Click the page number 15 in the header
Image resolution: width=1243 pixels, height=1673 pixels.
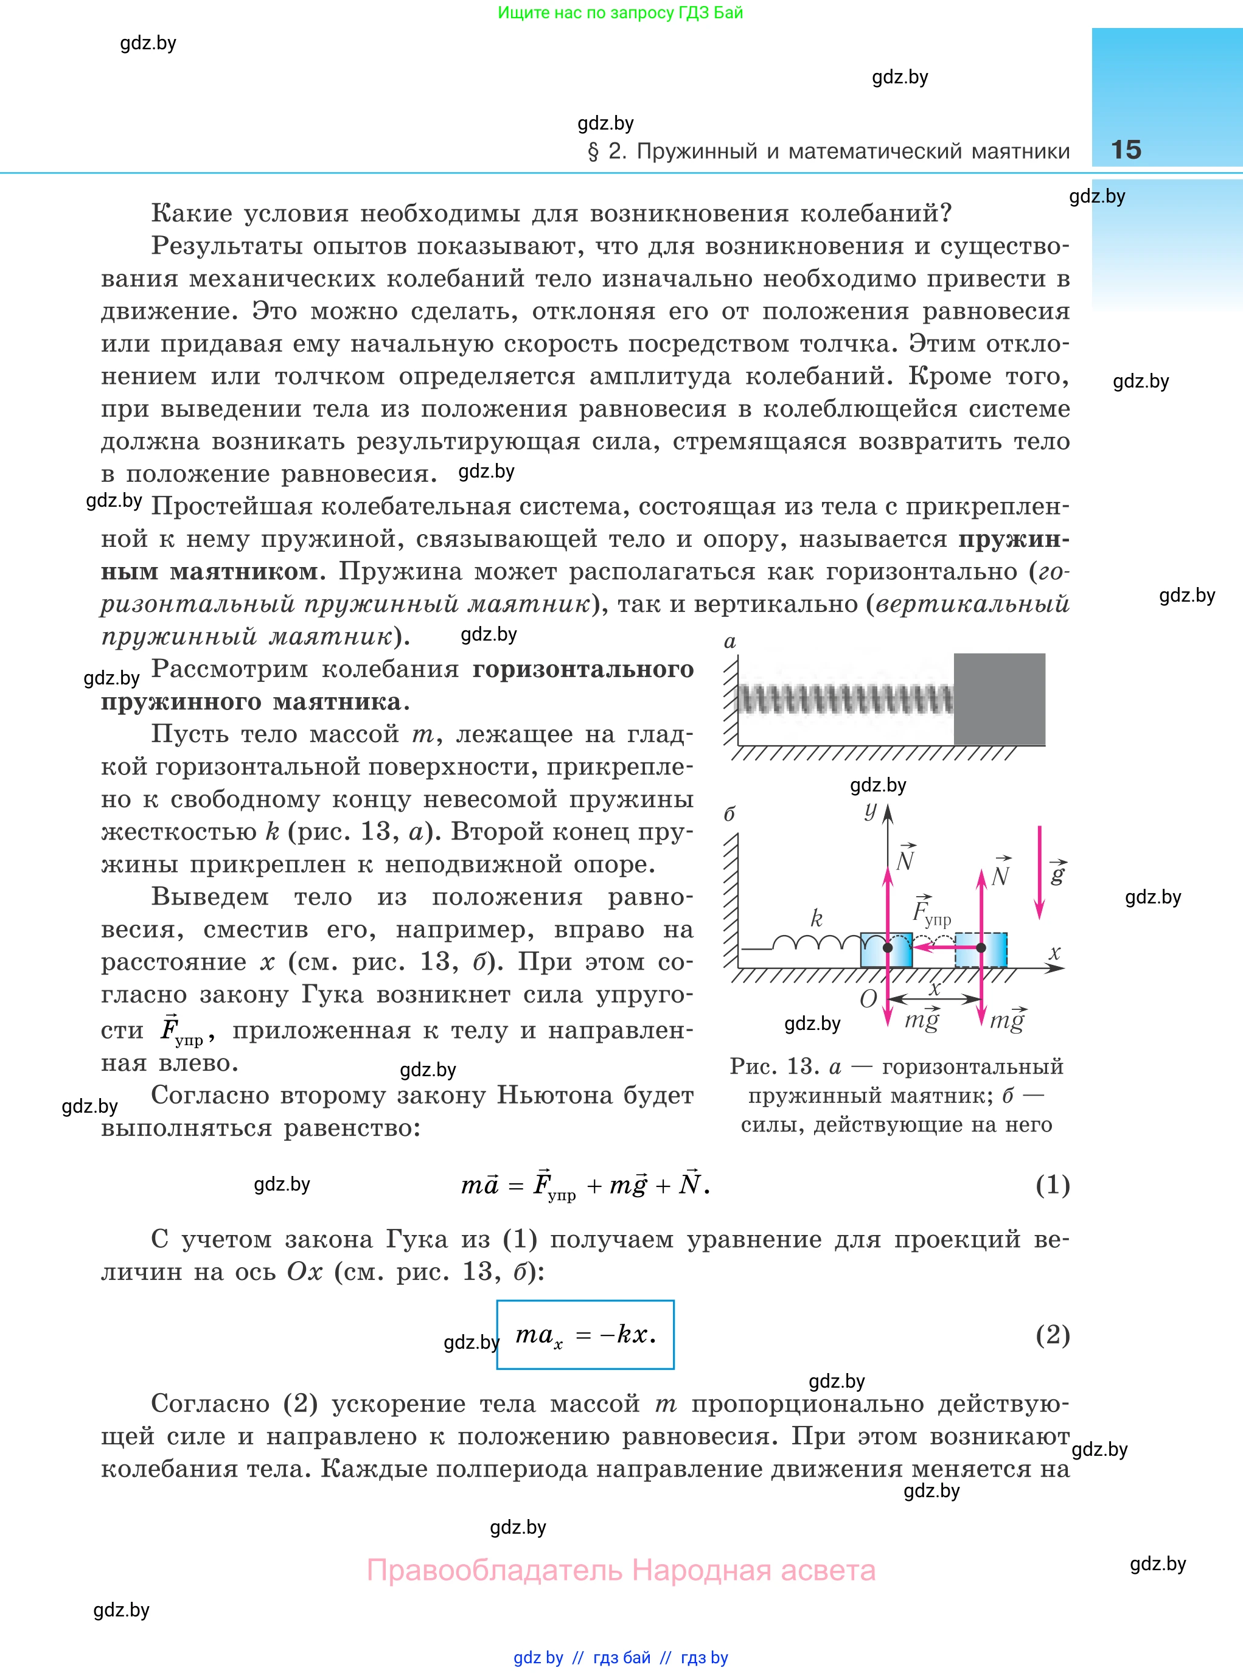(x=1126, y=150)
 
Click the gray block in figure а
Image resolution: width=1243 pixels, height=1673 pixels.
(x=998, y=699)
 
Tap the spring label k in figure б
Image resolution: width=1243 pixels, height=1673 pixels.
(x=816, y=918)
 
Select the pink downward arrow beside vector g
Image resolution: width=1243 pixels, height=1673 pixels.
(x=1040, y=872)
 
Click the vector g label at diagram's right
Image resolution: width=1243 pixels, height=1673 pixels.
(x=1058, y=872)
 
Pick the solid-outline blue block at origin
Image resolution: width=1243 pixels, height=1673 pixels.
(x=886, y=949)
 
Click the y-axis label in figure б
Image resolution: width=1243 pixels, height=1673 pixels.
(x=871, y=810)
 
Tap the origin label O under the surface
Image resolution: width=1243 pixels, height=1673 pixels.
(x=868, y=998)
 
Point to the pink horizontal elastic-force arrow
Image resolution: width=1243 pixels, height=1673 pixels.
(x=944, y=948)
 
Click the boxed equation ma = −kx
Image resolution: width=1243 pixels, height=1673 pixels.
(x=585, y=1335)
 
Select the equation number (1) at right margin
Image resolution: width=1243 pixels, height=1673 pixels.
(x=1052, y=1185)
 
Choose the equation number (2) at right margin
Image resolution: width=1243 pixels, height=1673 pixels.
(x=1052, y=1335)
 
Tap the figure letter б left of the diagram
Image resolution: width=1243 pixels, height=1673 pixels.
(x=728, y=814)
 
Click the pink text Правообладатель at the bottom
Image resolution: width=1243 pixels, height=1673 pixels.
(x=495, y=1570)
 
